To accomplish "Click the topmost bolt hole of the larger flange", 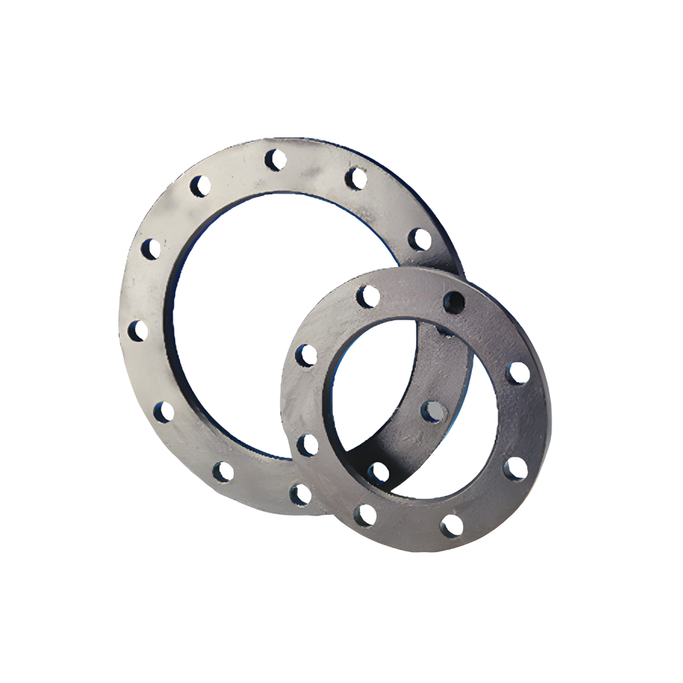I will point(275,160).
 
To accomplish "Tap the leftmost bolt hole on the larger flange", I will point(138,331).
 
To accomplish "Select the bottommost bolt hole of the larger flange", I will point(300,494).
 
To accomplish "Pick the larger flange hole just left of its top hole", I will point(200,186).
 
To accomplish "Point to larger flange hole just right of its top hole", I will point(356,178).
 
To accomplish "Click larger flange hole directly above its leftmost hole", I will point(151,249).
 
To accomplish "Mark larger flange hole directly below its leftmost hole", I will point(163,412).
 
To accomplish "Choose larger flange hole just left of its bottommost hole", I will point(223,472).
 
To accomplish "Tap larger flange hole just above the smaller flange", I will point(420,239).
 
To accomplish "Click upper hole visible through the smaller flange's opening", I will point(433,412).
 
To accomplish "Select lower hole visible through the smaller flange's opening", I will point(378,473).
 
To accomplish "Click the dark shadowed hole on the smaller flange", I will point(454,302).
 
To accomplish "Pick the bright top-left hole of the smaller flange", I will point(368,296).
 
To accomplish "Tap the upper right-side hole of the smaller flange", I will point(518,373).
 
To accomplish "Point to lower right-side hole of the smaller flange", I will point(515,469).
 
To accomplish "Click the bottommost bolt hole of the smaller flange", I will point(452,526).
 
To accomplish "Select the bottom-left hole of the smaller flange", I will point(366,515).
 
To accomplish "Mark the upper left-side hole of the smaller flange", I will point(306,355).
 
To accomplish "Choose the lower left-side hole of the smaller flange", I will point(307,445).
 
